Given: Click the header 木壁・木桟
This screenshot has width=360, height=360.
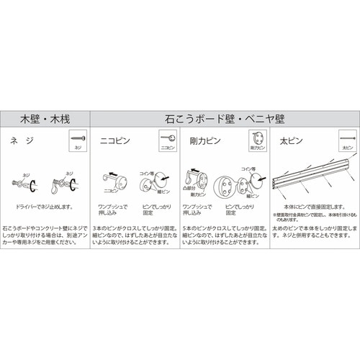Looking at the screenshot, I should [45, 117].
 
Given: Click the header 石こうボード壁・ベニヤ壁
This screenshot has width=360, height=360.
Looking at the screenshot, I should [225, 117].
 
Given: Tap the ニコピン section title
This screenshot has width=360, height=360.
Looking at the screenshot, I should [114, 139].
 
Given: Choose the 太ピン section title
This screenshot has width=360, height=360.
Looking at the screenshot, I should [288, 139].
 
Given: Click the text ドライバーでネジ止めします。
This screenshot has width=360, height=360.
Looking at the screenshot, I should [45, 207].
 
